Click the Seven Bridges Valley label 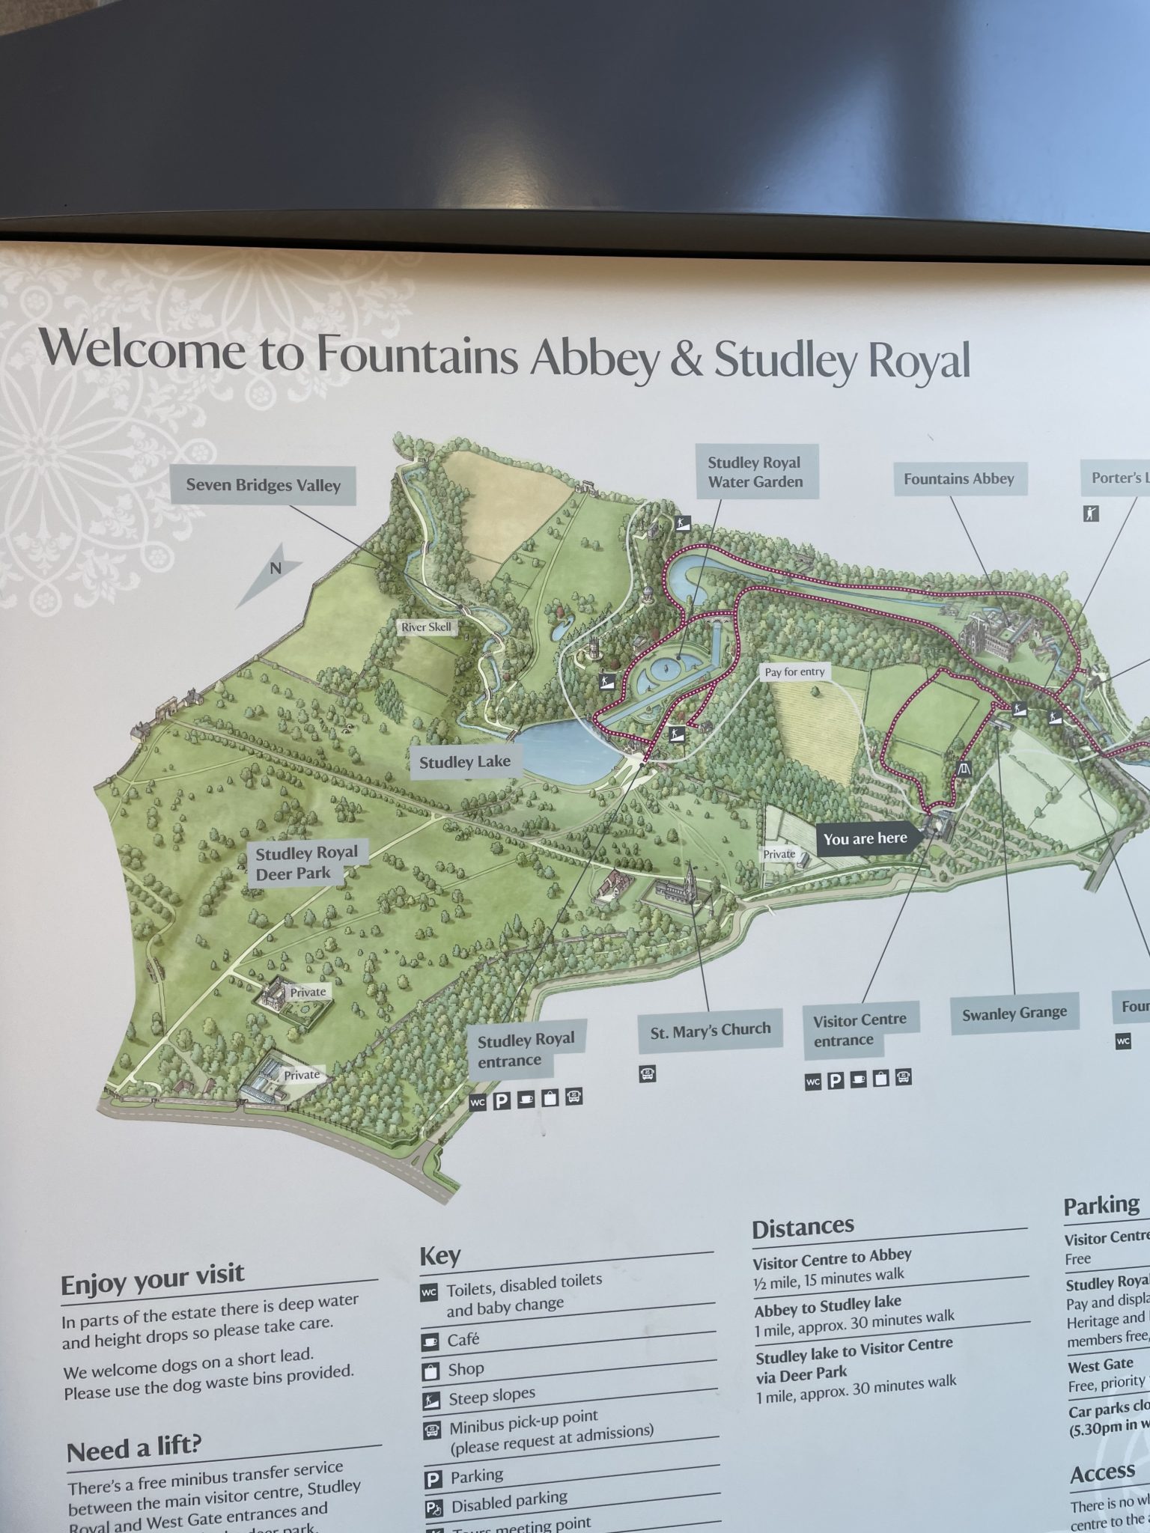pos(263,485)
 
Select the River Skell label pos(426,627)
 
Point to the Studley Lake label pos(464,762)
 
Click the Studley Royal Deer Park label pos(306,863)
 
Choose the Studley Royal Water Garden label pos(755,472)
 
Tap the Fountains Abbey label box pos(959,479)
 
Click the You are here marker pos(865,838)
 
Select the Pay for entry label pos(794,672)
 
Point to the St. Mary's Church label pos(710,1031)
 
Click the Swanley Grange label pos(1014,1014)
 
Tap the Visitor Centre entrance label pos(859,1030)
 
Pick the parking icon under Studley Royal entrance pos(501,1102)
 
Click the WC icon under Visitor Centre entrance pos(812,1082)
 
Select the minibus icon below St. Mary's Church pos(647,1074)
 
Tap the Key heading pos(439,1255)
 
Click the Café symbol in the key pos(430,1341)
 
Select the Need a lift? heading pos(134,1450)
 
